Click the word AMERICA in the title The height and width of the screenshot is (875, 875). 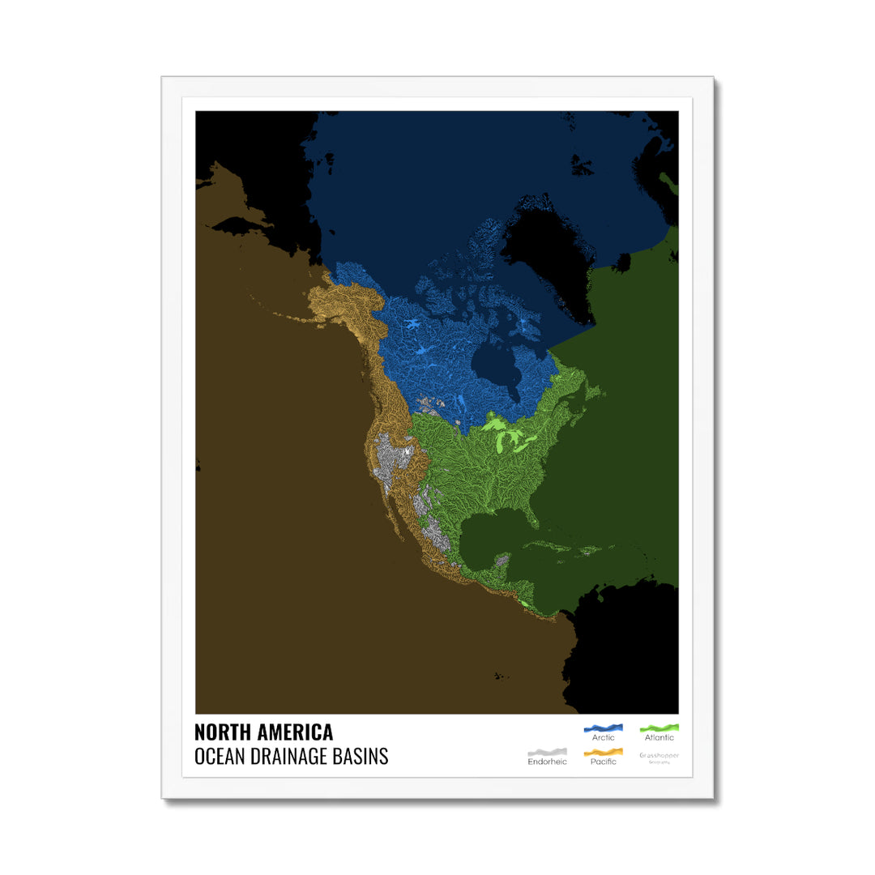295,732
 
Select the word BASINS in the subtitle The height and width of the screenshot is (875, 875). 364,757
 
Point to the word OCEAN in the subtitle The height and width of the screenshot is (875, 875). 220,757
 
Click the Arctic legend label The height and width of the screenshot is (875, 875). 603,738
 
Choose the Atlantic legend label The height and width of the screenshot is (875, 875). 659,738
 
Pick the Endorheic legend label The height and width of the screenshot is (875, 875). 547,762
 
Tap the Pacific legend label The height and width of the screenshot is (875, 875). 603,762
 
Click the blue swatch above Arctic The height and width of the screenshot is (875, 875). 603,728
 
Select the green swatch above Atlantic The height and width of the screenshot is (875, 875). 659,728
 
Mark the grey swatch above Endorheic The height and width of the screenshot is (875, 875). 547,752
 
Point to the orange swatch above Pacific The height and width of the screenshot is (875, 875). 603,752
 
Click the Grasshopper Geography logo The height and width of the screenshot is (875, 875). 659,757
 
